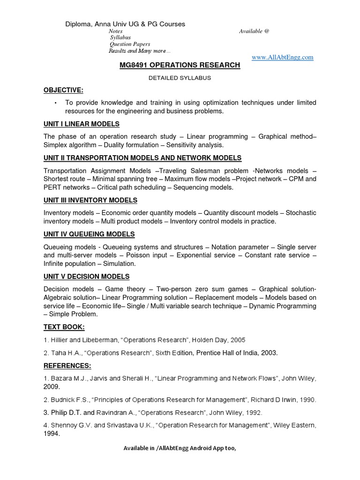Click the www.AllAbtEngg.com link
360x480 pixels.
(282, 57)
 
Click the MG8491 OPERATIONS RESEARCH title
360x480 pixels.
(180, 66)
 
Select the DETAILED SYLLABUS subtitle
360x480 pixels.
(180, 78)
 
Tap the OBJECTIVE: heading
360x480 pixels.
(63, 90)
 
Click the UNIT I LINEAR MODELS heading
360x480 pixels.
(81, 124)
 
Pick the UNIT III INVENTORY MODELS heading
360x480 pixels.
(90, 200)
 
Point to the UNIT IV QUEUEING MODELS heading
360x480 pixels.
(89, 234)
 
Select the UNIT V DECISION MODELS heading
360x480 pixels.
(86, 277)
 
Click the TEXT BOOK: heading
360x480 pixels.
(64, 327)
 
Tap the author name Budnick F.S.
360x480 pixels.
(68, 400)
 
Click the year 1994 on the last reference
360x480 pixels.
(52, 434)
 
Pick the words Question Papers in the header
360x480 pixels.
(130, 44)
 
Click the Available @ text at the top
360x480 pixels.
(254, 31)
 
